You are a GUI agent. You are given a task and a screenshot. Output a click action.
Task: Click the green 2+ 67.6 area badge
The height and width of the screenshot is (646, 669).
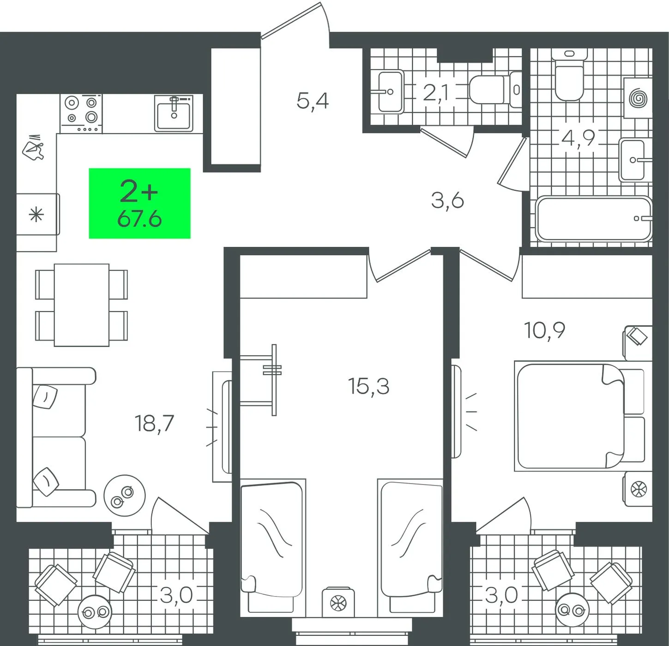click(139, 203)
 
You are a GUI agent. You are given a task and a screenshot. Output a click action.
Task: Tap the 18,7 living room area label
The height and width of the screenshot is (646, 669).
click(154, 424)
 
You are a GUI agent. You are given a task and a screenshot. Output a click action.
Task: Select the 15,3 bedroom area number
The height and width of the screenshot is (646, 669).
click(368, 386)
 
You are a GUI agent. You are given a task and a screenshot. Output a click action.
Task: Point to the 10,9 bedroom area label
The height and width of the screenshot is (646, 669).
click(544, 330)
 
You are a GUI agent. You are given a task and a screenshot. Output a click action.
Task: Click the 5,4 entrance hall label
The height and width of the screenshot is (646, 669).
click(313, 102)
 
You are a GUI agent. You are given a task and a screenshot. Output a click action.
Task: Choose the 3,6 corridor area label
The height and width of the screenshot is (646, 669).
click(447, 201)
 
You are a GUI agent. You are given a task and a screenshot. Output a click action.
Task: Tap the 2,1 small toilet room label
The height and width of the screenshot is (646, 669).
click(435, 93)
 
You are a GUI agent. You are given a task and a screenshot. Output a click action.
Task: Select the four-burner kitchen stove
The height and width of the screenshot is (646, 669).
click(81, 114)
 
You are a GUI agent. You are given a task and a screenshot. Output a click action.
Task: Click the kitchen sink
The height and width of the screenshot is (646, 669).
click(174, 113)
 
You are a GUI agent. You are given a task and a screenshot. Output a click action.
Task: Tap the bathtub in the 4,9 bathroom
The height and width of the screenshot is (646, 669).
click(593, 219)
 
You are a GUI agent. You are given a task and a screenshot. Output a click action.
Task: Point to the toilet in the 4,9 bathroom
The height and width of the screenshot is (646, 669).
click(569, 74)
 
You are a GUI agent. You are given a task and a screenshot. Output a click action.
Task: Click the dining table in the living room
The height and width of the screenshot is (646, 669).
click(81, 305)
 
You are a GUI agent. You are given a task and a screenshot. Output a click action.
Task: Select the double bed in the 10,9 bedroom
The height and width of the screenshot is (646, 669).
click(579, 417)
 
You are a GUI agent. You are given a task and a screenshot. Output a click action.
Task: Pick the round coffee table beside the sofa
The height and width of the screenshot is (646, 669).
click(125, 496)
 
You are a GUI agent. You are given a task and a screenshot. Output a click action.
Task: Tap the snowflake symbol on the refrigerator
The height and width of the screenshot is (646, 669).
click(36, 215)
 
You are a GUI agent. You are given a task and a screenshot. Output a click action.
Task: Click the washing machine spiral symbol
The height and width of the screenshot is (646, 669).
click(638, 99)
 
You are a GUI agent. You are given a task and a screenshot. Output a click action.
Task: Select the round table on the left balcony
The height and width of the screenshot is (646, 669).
click(95, 612)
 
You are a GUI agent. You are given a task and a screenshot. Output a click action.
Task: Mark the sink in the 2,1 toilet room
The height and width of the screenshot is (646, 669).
click(391, 92)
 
